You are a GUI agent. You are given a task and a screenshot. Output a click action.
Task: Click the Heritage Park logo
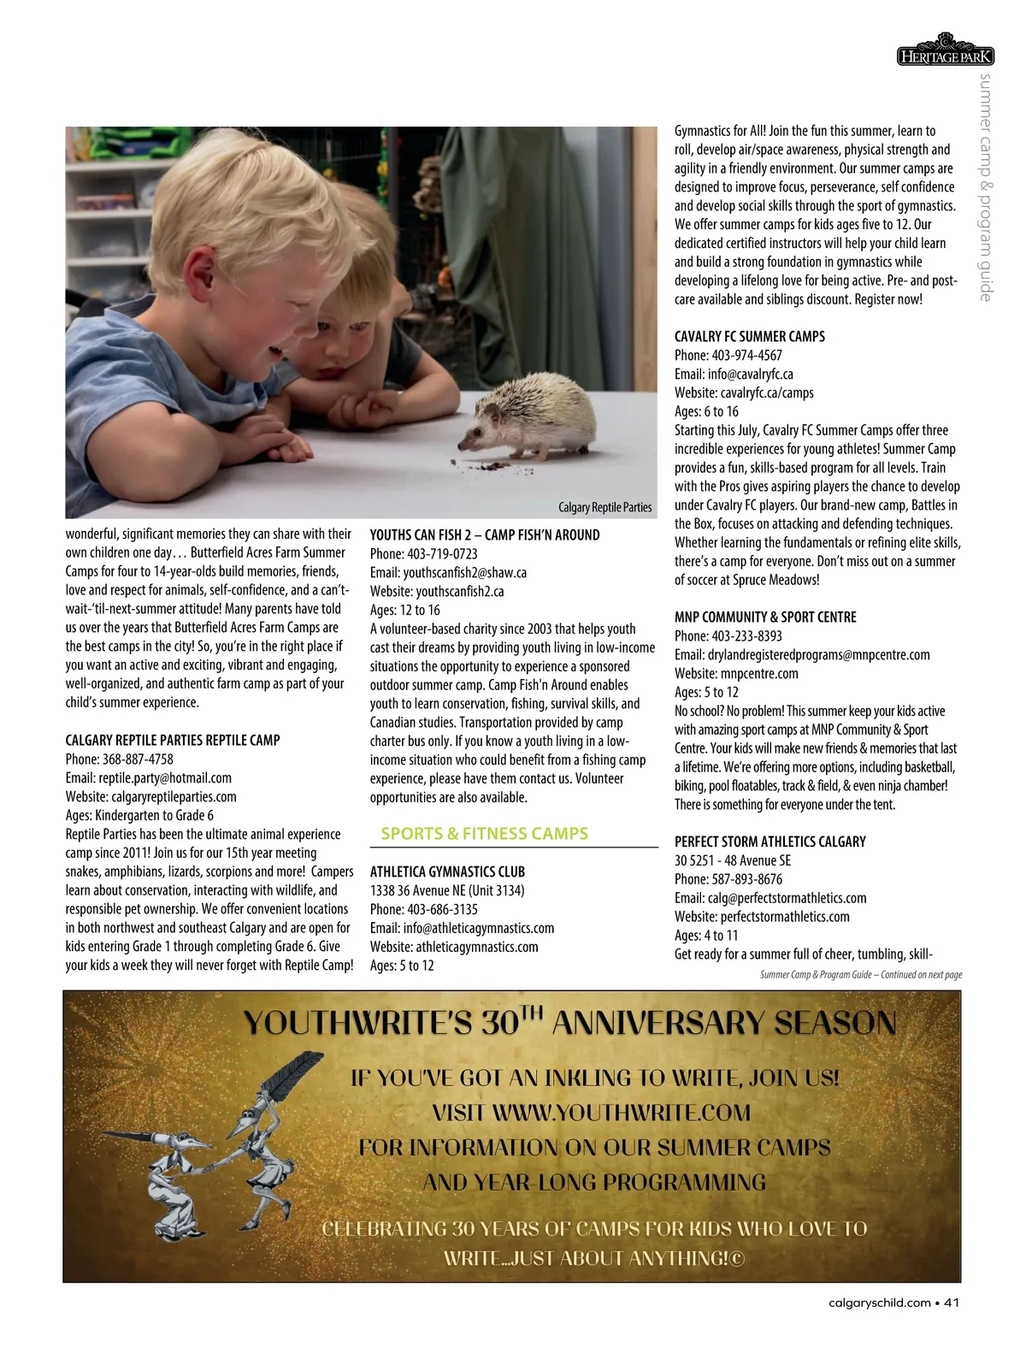pos(945,52)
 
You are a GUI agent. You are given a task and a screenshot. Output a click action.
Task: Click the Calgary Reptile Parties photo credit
pos(604,507)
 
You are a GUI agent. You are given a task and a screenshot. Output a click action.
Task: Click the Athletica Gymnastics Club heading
pos(447,871)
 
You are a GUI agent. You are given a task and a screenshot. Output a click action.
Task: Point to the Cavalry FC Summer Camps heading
pos(749,336)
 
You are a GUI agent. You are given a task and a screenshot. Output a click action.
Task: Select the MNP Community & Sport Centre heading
pos(765,617)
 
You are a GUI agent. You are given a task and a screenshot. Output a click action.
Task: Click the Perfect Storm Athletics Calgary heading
pos(769,841)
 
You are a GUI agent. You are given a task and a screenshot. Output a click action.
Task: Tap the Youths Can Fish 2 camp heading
pos(485,535)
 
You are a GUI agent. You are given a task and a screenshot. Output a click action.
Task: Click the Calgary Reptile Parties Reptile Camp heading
pos(173,740)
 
